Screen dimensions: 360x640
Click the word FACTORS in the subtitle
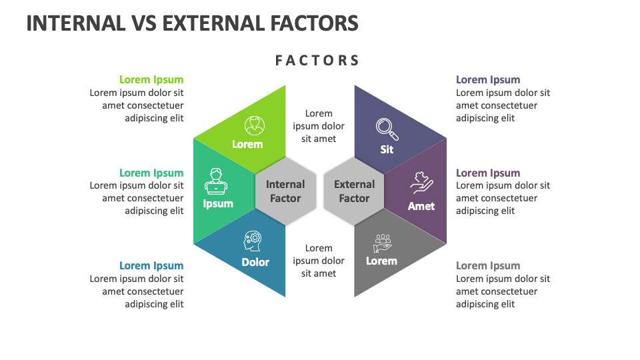(x=317, y=61)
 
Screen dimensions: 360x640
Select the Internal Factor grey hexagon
(x=285, y=191)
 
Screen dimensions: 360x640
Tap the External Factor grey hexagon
(x=354, y=191)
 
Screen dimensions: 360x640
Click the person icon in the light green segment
(x=253, y=125)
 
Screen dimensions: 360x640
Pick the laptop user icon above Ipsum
(x=215, y=180)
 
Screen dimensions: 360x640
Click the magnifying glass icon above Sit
(x=385, y=127)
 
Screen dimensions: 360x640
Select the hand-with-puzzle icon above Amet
(x=421, y=183)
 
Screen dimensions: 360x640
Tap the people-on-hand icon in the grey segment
(x=383, y=242)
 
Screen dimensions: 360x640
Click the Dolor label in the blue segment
(x=255, y=262)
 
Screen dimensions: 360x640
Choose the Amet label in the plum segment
(x=421, y=206)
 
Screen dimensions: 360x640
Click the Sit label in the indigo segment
(x=387, y=149)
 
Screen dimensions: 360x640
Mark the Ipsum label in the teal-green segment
(x=218, y=203)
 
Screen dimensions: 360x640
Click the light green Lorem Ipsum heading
(x=151, y=80)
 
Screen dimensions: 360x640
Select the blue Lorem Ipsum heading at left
(x=151, y=266)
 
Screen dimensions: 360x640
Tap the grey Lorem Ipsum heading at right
(x=488, y=266)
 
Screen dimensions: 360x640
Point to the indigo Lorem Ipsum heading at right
(x=488, y=80)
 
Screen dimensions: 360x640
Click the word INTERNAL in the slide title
(x=75, y=23)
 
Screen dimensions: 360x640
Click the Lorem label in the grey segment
(x=381, y=261)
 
